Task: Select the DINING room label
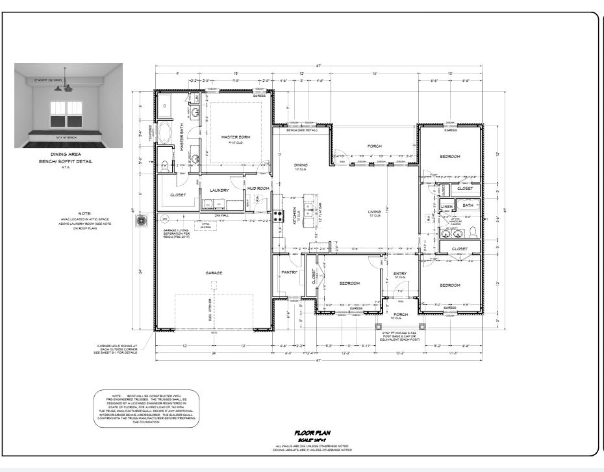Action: [x=301, y=165]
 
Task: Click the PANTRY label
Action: [x=289, y=272]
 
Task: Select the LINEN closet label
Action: [x=447, y=207]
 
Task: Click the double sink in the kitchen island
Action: [x=300, y=207]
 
